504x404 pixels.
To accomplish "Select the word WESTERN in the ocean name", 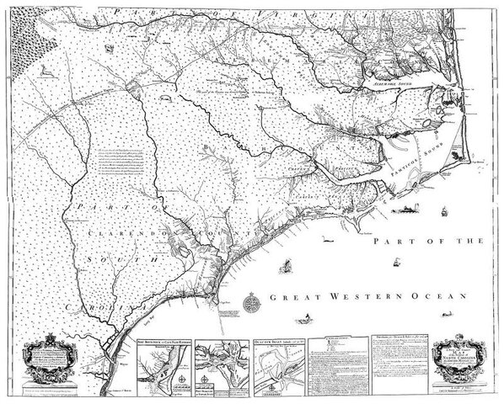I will pyautogui.click(x=334, y=298).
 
